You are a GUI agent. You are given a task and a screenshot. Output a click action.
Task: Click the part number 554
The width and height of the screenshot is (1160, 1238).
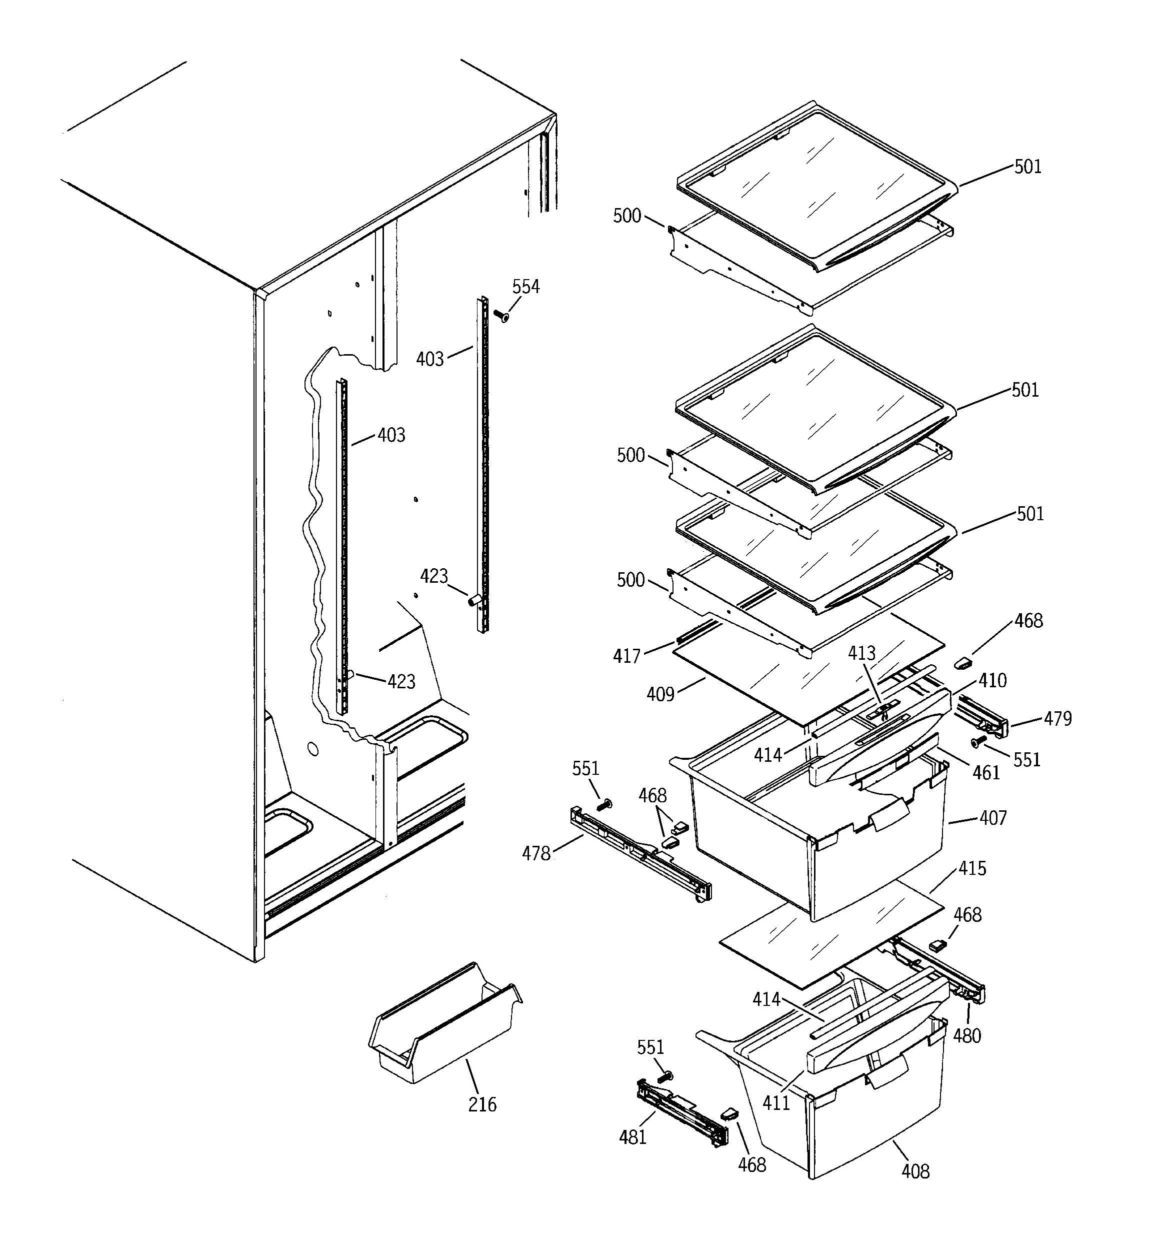(x=525, y=287)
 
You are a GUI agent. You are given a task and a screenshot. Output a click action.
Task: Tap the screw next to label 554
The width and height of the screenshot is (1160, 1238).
(x=500, y=316)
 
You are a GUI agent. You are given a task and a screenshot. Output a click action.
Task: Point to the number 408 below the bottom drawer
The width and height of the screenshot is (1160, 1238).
(x=915, y=1171)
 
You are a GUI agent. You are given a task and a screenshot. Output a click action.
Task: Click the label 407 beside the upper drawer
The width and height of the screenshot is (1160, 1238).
(x=992, y=818)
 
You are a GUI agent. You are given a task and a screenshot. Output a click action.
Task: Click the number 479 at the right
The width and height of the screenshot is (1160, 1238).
(x=1058, y=719)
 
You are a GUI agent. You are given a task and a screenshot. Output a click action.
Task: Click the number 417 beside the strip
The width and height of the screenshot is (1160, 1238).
(x=626, y=656)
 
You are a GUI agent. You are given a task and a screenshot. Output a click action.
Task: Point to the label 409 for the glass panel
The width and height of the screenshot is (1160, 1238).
(x=660, y=694)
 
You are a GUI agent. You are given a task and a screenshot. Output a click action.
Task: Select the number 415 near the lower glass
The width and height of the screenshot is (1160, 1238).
(x=972, y=868)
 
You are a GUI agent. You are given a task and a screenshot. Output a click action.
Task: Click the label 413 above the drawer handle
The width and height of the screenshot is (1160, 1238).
(x=861, y=653)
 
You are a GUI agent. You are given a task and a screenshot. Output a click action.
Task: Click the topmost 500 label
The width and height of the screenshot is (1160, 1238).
(x=627, y=216)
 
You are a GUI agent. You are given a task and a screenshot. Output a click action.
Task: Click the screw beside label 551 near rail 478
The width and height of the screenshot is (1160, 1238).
(x=603, y=805)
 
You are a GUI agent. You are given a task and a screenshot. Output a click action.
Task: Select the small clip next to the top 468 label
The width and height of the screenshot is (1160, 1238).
(x=962, y=663)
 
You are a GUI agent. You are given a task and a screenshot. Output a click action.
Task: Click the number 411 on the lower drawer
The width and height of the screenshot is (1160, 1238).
(x=776, y=1103)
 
